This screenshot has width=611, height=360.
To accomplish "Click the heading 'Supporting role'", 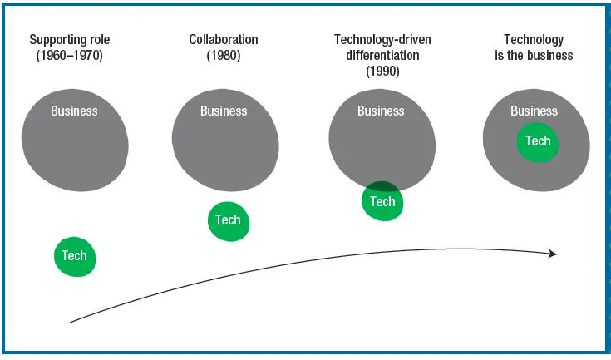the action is (x=70, y=39).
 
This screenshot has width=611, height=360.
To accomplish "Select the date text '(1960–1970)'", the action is (x=70, y=56).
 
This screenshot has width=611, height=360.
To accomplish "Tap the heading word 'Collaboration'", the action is (x=224, y=39).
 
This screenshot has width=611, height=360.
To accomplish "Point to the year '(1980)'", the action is (x=224, y=56).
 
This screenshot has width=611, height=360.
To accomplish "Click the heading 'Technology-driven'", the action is (x=382, y=39).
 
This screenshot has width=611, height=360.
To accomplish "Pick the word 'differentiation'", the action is (x=382, y=55).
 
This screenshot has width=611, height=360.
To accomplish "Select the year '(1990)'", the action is (x=382, y=72).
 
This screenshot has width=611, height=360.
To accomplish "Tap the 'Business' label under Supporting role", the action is (x=74, y=111).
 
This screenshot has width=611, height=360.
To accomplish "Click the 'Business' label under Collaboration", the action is (x=224, y=111).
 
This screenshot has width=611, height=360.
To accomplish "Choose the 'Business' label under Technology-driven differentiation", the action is (x=381, y=111).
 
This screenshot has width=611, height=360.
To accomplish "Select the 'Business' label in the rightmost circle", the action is (x=534, y=111).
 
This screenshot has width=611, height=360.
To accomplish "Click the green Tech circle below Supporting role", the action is (x=75, y=256).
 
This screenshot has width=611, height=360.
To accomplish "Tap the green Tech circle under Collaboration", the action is (x=228, y=220).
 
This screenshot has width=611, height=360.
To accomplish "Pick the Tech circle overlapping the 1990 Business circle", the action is (x=382, y=203).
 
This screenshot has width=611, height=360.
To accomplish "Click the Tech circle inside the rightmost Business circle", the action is (x=538, y=141).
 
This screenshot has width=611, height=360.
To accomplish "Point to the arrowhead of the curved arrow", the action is (x=553, y=254).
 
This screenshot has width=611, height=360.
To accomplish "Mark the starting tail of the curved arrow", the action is (x=71, y=321).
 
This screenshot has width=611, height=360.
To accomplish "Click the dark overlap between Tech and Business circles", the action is (x=382, y=188).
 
